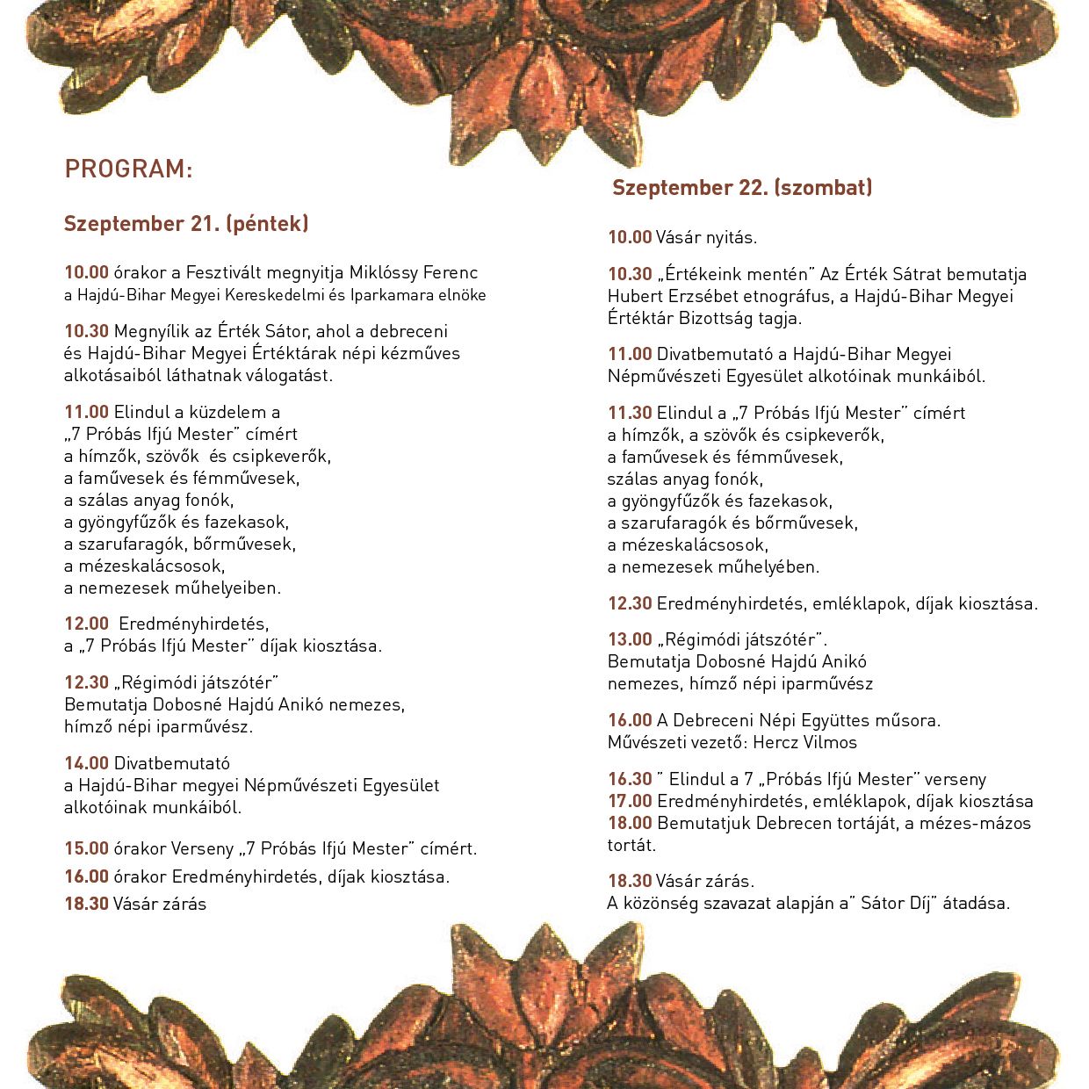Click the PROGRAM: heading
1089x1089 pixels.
128,169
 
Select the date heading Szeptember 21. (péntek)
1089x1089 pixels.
186,224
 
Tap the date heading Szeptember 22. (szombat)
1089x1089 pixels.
742,187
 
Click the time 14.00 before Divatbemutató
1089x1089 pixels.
86,763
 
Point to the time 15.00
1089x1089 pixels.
86,848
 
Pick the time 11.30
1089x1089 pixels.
630,413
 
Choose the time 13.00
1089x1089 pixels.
630,639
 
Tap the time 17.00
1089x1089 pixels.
630,801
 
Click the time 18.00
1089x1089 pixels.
630,823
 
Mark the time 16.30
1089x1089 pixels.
630,779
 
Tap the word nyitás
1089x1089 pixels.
728,237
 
